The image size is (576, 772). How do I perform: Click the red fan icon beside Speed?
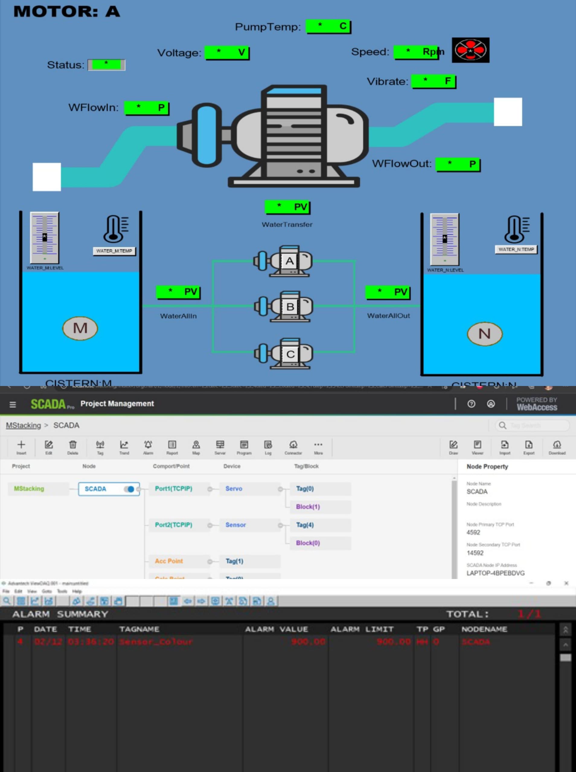pyautogui.click(x=470, y=50)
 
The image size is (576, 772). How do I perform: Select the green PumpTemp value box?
pyautogui.click(x=328, y=27)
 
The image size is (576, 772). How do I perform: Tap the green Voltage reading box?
pyautogui.click(x=227, y=52)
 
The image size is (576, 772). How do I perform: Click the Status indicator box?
pyautogui.click(x=106, y=65)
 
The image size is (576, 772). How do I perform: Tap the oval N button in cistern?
pyautogui.click(x=484, y=334)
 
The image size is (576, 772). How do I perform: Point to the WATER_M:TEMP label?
pyautogui.click(x=114, y=251)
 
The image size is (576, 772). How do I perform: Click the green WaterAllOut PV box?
pyautogui.click(x=387, y=292)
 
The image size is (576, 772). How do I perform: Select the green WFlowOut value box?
pyautogui.click(x=458, y=164)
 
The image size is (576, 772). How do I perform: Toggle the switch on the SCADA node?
pyautogui.click(x=129, y=489)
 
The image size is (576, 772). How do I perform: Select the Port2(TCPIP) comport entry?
pyautogui.click(x=173, y=525)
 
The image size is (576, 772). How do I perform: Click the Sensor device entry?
pyautogui.click(x=236, y=525)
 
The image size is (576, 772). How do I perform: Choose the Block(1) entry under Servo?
pyautogui.click(x=308, y=507)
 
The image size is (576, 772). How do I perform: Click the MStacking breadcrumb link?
pyautogui.click(x=23, y=425)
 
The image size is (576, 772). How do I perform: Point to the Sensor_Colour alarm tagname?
pyautogui.click(x=156, y=641)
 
